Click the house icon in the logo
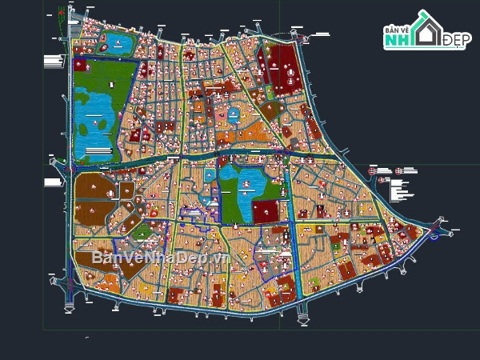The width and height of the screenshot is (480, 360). [426, 30]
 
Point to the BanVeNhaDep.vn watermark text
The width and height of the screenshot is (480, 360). [161, 258]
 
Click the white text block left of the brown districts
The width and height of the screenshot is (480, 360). [54, 182]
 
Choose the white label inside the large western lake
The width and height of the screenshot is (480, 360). [98, 124]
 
